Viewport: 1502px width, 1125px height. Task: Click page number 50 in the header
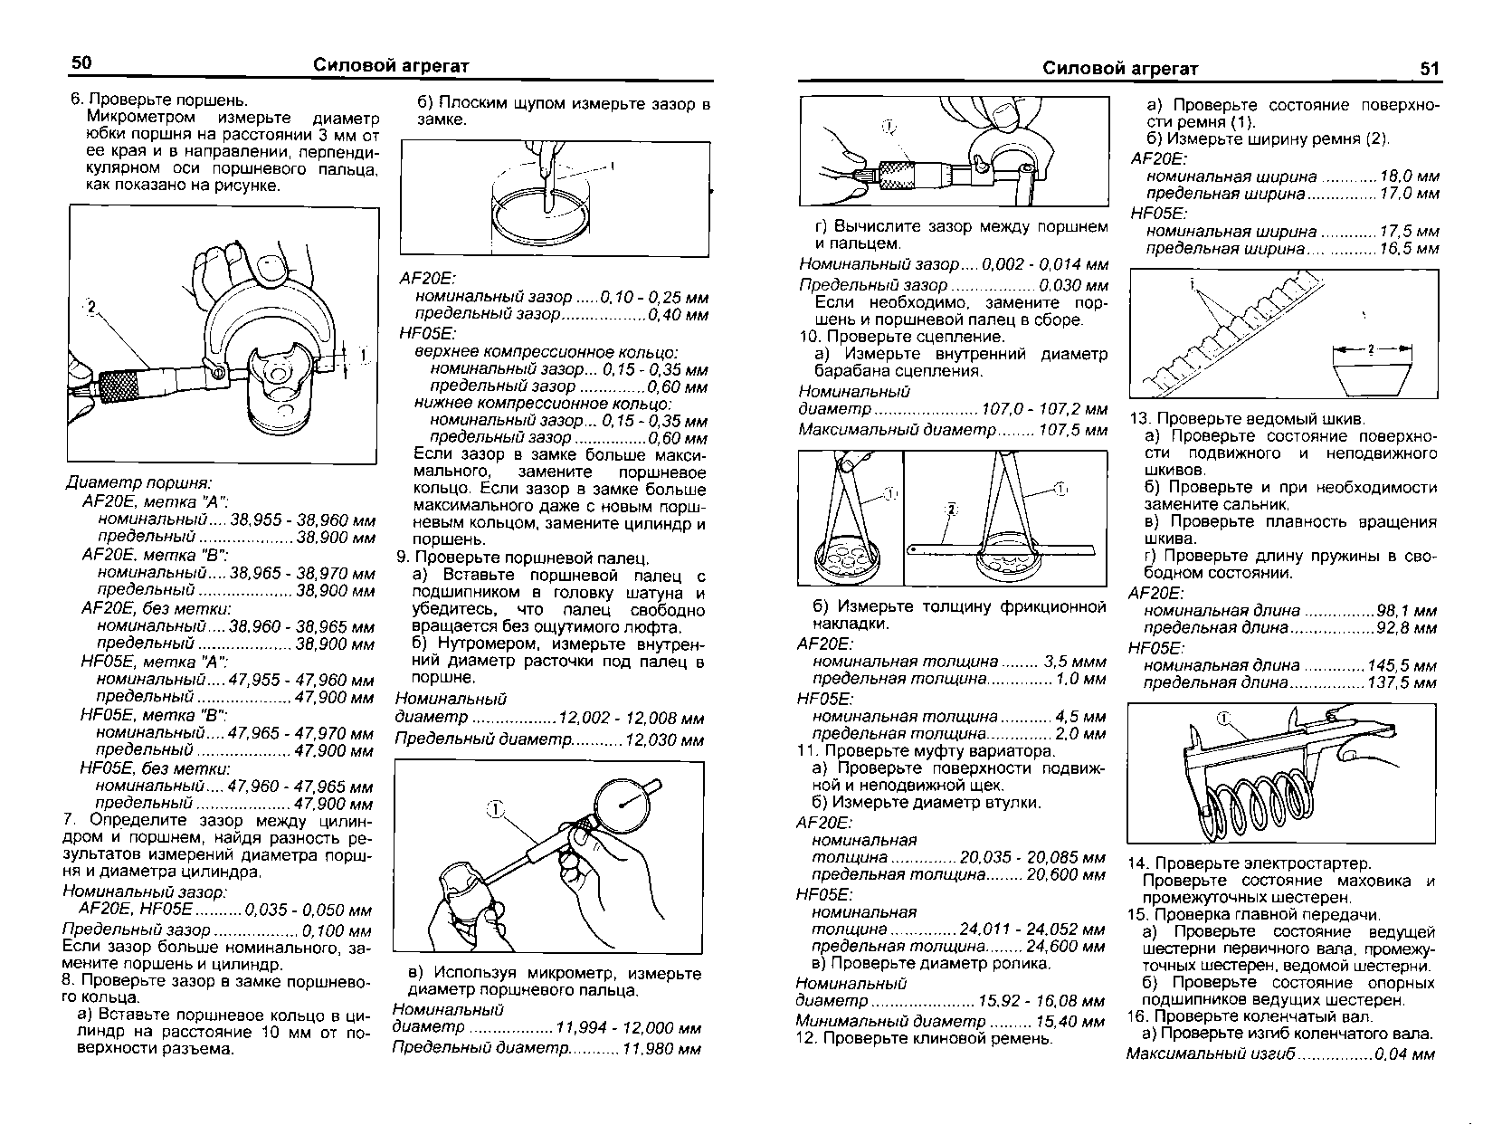click(x=81, y=63)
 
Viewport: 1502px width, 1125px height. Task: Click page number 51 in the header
click(x=1429, y=69)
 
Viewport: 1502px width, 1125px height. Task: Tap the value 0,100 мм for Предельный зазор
click(x=337, y=931)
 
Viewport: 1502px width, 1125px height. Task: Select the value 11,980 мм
click(x=661, y=1049)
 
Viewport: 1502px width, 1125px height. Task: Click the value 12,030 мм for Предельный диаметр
click(x=664, y=739)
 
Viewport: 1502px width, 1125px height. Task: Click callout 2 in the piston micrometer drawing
click(x=91, y=307)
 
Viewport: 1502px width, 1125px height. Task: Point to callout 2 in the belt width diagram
click(x=1371, y=349)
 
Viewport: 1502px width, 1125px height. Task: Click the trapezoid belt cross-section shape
click(x=1372, y=381)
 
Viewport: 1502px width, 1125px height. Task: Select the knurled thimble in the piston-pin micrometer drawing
click(x=899, y=176)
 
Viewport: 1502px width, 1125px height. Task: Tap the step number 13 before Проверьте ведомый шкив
click(x=1140, y=419)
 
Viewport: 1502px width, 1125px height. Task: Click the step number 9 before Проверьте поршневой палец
click(x=403, y=558)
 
